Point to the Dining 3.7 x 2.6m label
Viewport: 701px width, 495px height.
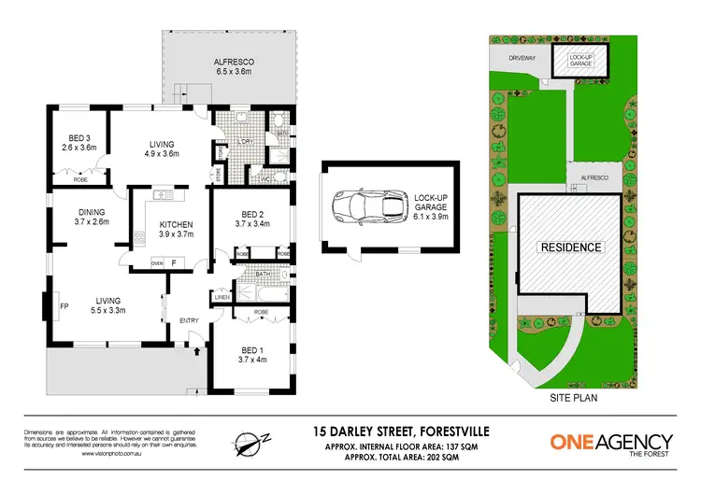point(93,217)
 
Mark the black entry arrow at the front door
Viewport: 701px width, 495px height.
point(196,352)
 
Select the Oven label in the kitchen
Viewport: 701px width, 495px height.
point(157,263)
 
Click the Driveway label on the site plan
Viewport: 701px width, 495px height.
point(522,58)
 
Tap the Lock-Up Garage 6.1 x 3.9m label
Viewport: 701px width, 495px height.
point(425,205)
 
